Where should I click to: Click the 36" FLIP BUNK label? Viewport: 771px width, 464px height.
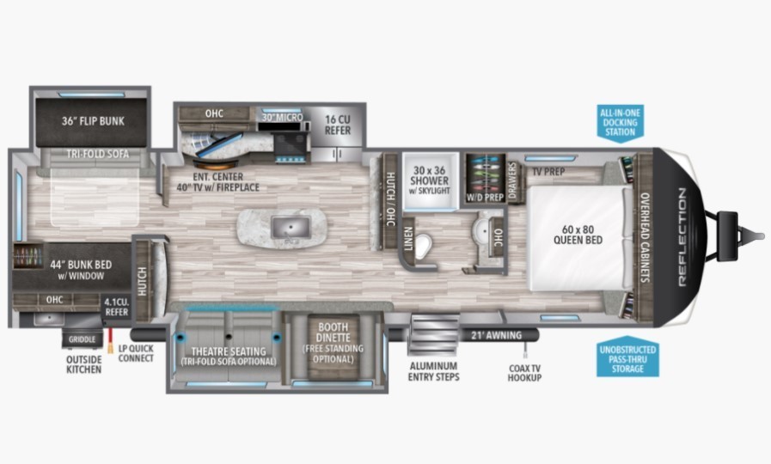93,121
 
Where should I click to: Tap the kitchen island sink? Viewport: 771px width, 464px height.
291,228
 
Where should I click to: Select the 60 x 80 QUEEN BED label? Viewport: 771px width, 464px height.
578,235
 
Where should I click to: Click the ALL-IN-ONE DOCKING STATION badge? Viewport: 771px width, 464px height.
621,122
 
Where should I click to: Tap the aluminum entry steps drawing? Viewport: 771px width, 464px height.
432,335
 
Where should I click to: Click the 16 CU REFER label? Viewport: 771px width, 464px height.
337,125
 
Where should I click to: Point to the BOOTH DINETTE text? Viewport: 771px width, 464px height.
333,333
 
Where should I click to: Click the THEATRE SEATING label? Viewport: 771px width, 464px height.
229,351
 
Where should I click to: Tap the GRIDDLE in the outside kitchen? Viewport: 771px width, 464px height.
83,339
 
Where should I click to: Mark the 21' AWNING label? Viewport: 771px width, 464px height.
496,335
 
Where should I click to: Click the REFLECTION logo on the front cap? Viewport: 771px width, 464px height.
682,237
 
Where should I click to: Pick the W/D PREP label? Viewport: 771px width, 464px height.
485,197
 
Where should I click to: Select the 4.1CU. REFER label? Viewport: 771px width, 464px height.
117,307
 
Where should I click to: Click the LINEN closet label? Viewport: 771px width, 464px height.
408,240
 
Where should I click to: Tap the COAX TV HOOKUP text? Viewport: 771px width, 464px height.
524,373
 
